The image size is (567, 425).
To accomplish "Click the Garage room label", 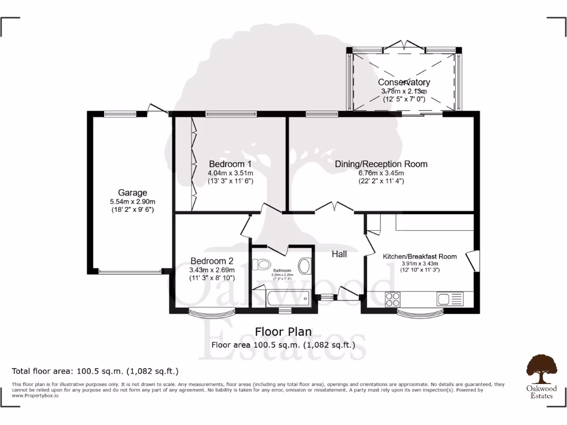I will tap(132, 193).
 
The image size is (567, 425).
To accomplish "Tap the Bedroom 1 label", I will tap(230, 164).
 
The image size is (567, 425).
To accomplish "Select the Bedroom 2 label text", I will tap(212, 261).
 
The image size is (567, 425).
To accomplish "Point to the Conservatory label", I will tap(404, 82).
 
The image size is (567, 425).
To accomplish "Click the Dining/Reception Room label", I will tap(381, 164).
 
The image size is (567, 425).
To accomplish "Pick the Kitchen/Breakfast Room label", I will tap(420, 256).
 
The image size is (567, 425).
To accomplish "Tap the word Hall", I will tap(339, 254).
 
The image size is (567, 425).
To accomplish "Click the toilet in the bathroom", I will tap(261, 265).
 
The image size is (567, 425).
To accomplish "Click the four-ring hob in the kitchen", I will tap(393, 299).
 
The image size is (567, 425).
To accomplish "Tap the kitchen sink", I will tap(449, 299).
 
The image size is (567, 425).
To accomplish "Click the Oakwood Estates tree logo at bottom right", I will tap(540, 369).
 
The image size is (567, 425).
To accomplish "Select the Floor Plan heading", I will tap(283, 331).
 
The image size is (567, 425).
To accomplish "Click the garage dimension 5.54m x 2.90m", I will tap(132, 201).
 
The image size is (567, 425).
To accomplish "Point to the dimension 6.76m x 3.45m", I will tap(381, 173).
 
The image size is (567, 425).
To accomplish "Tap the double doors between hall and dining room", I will tap(334, 208).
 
